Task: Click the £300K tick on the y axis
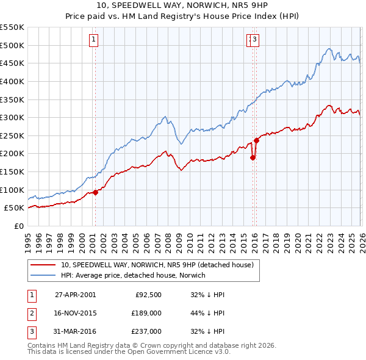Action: [x=12, y=117]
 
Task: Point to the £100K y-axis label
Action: [x=12, y=190]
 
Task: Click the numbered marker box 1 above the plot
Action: [x=94, y=40]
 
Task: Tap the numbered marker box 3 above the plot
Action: [x=254, y=40]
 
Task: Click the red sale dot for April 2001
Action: [x=96, y=192]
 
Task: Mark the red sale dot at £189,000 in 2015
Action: [x=253, y=157]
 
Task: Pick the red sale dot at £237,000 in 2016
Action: [x=257, y=140]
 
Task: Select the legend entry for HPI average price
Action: [x=133, y=275]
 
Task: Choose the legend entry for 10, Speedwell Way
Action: [x=144, y=265]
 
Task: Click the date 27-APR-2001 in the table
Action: [x=75, y=294]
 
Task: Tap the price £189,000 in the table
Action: [x=145, y=313]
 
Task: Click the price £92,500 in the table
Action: [x=147, y=294]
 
